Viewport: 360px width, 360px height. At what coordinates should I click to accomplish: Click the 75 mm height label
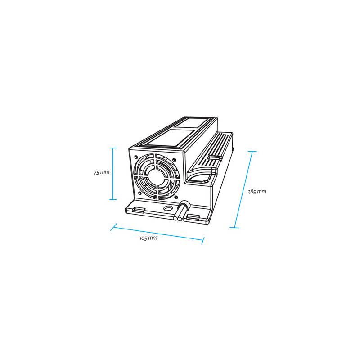(102, 172)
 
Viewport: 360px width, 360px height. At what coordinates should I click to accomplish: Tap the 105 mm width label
(148, 238)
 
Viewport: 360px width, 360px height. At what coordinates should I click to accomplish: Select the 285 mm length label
(257, 192)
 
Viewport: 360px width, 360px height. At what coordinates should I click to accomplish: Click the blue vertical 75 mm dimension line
(113, 174)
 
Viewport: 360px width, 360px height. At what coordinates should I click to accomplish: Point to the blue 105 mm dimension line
(157, 234)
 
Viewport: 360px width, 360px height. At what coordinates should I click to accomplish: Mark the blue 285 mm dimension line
(243, 189)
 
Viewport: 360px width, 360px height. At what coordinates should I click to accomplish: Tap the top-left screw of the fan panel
(136, 157)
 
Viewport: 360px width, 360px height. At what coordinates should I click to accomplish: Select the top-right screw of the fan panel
(174, 160)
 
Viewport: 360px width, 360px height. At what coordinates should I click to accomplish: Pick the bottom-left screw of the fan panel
(139, 193)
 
